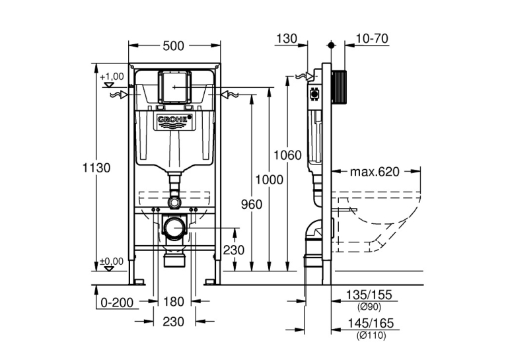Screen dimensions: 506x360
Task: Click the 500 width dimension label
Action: (173, 46)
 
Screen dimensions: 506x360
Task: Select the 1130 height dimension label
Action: (96, 168)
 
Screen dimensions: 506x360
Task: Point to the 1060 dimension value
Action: (287, 155)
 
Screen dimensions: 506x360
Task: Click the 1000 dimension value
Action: (270, 180)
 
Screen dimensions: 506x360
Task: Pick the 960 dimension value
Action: (252, 204)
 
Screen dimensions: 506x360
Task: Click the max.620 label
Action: (375, 172)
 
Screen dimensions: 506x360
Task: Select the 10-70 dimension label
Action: (372, 39)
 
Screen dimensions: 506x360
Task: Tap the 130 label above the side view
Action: (287, 39)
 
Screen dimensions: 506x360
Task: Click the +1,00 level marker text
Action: (112, 77)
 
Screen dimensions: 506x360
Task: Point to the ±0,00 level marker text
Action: (112, 261)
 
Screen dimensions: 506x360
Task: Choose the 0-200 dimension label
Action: (117, 303)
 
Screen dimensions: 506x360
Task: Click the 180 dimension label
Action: (174, 302)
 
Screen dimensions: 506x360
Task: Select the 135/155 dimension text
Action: (369, 295)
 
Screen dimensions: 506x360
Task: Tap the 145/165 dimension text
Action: (371, 323)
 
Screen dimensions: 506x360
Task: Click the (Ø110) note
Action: (371, 336)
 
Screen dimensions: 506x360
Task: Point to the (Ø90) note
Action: (369, 307)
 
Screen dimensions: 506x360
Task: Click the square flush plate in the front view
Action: (174, 87)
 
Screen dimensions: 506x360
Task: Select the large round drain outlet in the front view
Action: (174, 228)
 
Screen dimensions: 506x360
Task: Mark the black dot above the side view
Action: (331, 45)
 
